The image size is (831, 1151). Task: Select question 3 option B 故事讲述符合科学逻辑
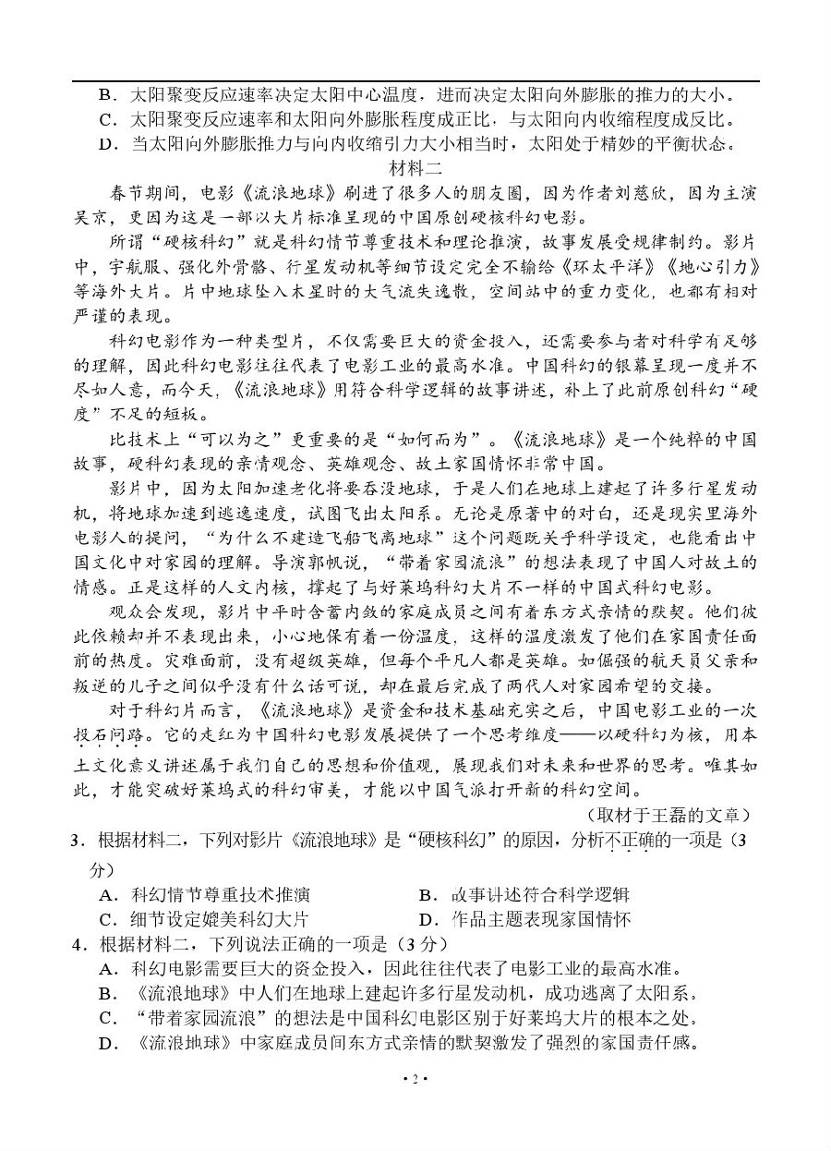click(x=526, y=894)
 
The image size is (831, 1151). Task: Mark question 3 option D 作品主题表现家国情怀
click(x=526, y=918)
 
